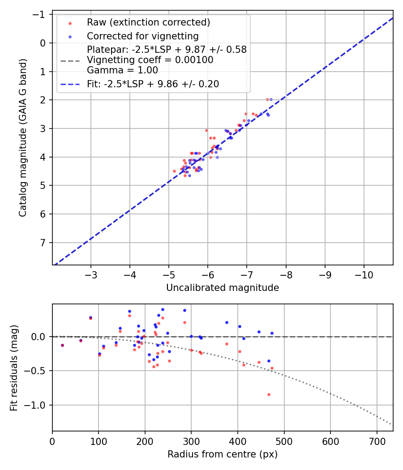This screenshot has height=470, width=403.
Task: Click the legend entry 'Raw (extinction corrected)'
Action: point(148,22)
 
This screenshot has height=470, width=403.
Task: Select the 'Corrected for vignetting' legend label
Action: point(142,36)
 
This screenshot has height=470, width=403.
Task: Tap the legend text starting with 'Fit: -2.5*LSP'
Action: point(153,84)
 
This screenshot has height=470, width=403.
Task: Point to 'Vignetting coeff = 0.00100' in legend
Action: point(150,60)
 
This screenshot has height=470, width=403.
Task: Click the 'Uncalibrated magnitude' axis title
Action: point(223,288)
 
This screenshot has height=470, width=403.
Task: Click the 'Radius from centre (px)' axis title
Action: point(223,454)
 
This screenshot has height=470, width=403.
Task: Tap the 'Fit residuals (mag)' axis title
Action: point(14,367)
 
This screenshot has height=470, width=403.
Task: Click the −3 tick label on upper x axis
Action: point(91,274)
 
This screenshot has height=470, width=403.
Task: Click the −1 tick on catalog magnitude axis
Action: point(41,15)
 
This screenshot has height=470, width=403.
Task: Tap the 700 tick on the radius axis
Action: point(377,440)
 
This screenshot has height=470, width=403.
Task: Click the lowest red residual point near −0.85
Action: point(269,394)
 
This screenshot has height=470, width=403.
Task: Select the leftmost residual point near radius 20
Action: point(62,345)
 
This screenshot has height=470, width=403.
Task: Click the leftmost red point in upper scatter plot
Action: point(174,171)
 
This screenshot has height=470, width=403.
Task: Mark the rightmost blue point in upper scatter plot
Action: point(271,99)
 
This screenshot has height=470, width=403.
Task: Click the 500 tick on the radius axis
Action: point(284,440)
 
